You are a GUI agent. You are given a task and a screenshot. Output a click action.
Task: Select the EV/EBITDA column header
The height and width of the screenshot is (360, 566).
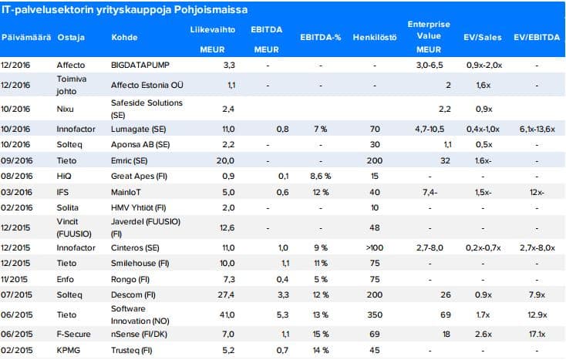(x=537, y=37)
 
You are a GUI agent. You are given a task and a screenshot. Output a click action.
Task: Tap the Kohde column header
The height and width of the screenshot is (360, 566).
(x=124, y=37)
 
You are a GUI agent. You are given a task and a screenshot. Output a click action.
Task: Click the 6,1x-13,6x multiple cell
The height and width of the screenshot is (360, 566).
(x=537, y=130)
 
